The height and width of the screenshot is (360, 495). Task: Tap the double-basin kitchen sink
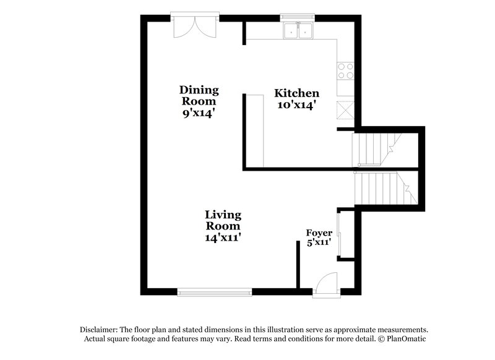click(298, 31)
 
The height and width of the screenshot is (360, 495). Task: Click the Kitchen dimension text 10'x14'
click(296, 105)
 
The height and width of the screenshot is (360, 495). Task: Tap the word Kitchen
click(297, 93)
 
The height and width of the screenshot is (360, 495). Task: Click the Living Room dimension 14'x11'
click(223, 237)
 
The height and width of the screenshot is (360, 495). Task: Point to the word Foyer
click(319, 233)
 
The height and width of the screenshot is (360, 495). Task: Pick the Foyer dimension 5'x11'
click(319, 242)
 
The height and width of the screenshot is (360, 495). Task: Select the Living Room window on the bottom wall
click(214, 289)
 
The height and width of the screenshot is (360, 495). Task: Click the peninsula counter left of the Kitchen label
click(255, 130)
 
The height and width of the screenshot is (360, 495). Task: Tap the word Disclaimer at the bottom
click(99, 330)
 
